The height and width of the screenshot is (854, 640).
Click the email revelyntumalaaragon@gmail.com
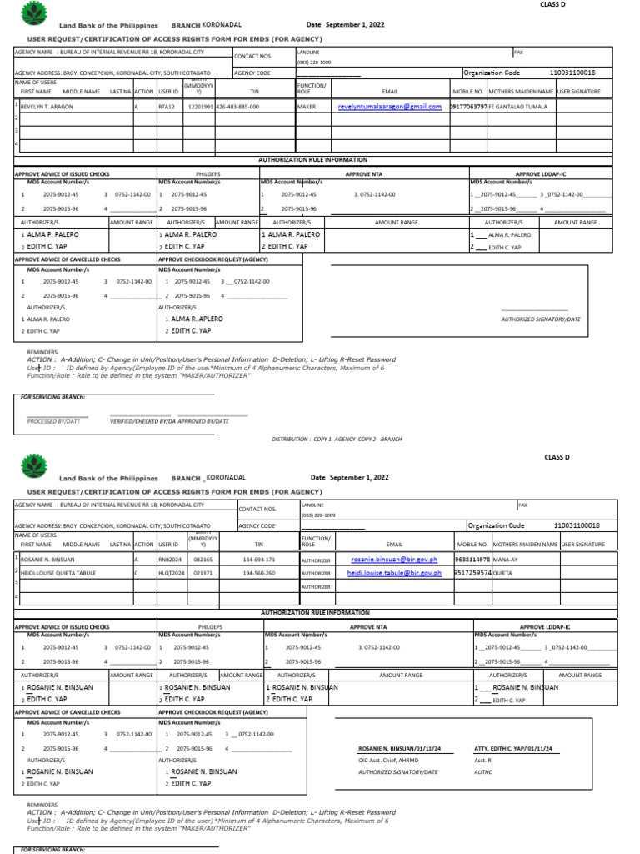coord(389,107)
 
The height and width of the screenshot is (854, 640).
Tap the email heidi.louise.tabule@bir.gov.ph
coord(396,574)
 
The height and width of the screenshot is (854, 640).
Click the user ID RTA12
coord(167,107)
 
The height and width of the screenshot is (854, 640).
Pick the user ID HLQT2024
coord(172,574)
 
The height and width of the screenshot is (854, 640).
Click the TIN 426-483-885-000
coord(237,107)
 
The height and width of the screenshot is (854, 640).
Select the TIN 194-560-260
coord(259,574)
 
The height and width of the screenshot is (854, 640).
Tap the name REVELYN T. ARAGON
coord(47,107)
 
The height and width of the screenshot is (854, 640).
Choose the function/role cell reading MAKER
coord(307,107)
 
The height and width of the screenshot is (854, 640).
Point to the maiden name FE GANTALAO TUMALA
coord(517,107)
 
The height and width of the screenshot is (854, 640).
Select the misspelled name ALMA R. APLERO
coord(197,319)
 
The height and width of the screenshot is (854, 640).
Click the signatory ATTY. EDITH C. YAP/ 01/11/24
coord(512,749)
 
